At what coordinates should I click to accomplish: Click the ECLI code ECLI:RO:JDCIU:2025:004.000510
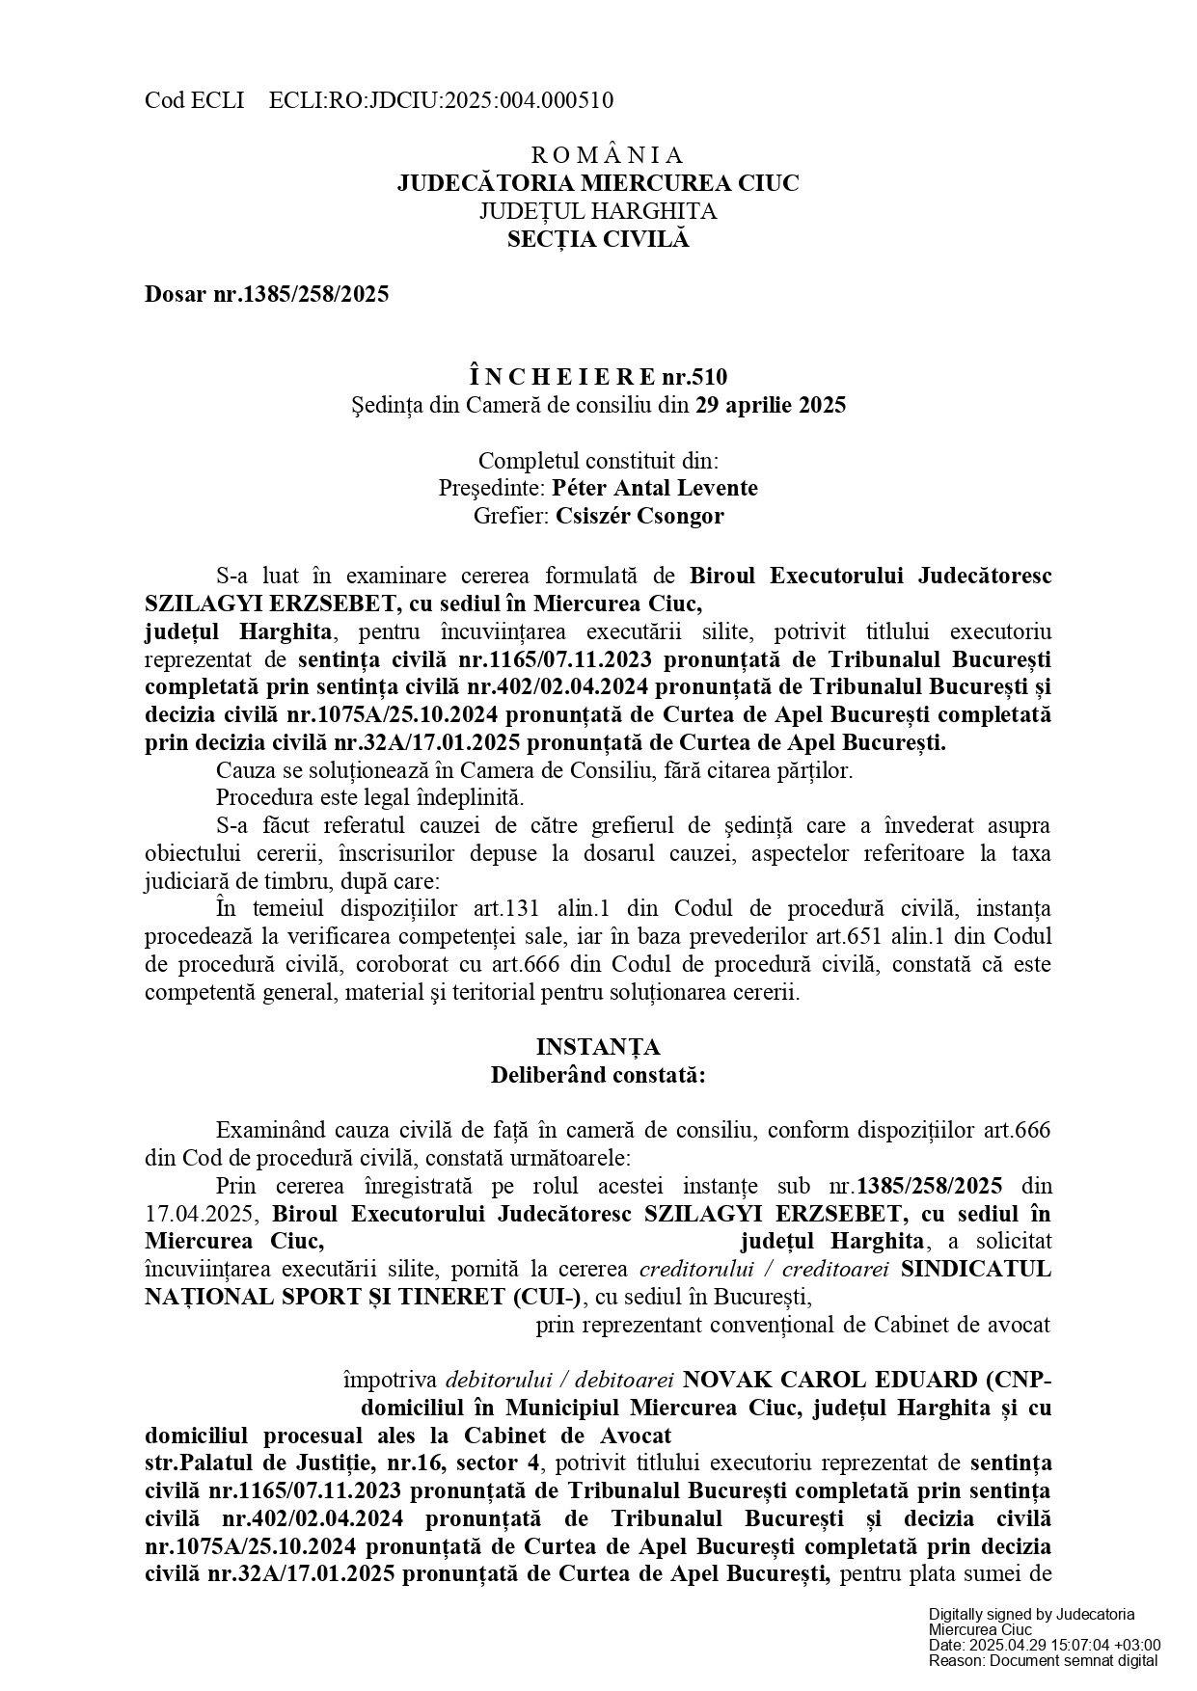pos(441,100)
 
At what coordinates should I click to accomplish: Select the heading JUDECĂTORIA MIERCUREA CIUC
pos(598,183)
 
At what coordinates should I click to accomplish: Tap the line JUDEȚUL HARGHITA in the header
pos(598,211)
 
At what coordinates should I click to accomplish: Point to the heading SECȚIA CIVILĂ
pos(598,239)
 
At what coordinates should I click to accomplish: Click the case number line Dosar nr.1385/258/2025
pos(267,295)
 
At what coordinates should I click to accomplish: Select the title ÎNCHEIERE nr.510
pos(598,377)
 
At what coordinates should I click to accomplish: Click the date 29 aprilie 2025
pos(771,405)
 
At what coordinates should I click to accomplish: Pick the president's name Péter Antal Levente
pos(655,488)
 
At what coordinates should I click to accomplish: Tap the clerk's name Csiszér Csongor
pos(639,516)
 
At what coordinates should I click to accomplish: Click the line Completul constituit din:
pos(598,460)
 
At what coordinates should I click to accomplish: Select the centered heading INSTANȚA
pos(598,1047)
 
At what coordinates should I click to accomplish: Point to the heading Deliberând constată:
pos(598,1075)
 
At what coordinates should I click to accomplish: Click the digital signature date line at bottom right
pos(1045,1645)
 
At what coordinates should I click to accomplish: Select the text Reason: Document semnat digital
pos(1043,1660)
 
